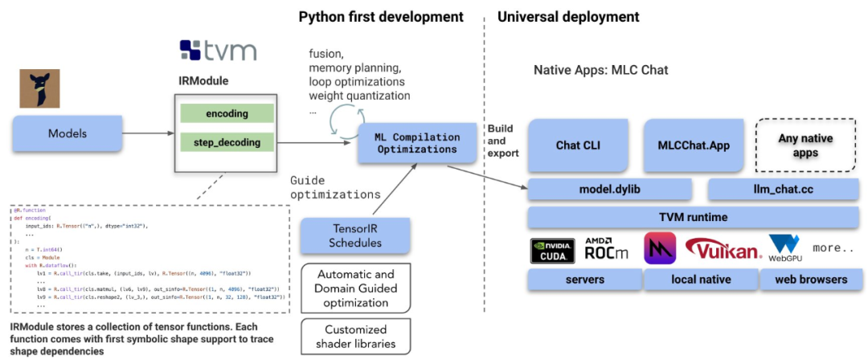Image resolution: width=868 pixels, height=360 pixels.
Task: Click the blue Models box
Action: tap(68, 133)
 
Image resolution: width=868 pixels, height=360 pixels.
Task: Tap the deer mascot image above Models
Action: tap(39, 88)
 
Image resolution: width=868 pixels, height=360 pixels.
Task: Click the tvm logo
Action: tap(218, 51)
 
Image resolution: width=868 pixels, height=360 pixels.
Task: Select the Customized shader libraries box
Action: tap(354, 337)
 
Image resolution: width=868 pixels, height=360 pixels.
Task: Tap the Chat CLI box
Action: tap(579, 145)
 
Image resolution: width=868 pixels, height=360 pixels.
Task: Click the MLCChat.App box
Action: tap(694, 145)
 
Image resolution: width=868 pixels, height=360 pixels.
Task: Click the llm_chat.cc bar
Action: tap(785, 189)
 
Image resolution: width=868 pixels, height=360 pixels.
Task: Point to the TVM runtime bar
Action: tap(695, 217)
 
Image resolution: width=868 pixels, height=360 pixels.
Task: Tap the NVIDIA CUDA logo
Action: tap(553, 252)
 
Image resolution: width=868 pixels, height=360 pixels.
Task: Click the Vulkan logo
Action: tap(723, 251)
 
